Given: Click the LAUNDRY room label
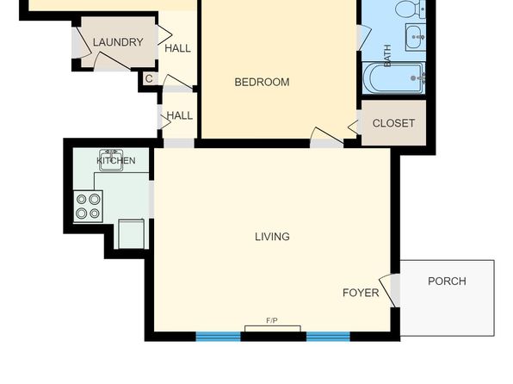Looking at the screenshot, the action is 118,42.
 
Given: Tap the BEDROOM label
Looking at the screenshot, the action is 262,82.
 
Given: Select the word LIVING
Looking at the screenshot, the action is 272,237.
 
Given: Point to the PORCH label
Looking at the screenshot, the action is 447,282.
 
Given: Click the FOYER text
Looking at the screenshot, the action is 361,293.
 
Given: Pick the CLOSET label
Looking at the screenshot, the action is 393,123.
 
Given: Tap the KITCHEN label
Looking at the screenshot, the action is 116,161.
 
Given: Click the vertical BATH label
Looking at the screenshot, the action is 387,56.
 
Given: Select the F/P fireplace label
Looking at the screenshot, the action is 272,320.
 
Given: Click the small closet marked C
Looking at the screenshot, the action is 149,78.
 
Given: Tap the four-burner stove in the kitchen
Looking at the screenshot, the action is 88,207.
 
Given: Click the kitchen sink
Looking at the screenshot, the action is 111,160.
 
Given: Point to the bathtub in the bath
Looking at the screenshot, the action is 393,78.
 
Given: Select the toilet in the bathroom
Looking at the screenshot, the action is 410,9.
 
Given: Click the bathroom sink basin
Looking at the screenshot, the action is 416,37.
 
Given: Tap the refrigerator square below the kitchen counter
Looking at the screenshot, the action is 131,233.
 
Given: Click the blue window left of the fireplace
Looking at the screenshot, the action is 219,337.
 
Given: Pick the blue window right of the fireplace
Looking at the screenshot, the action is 328,337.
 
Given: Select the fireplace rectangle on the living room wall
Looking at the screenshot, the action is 273,329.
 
